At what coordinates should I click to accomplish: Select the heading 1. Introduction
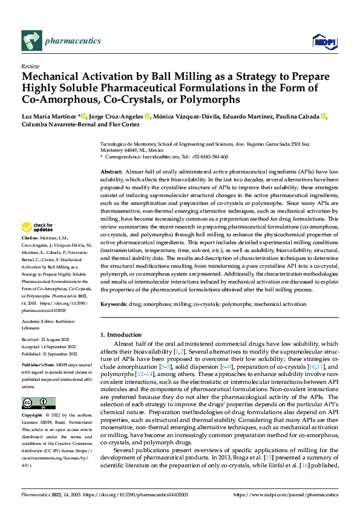123,334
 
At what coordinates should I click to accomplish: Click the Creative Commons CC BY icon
39,403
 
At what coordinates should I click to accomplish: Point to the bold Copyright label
33,416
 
